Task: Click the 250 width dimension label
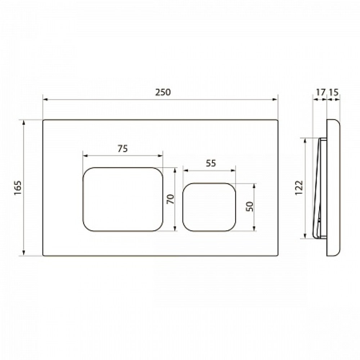click(x=163, y=92)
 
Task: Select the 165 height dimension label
click(x=18, y=188)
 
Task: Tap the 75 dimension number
click(x=123, y=149)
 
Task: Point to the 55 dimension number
click(x=211, y=163)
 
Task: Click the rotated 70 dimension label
click(x=171, y=199)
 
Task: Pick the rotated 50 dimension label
click(x=249, y=206)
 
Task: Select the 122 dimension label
click(x=299, y=188)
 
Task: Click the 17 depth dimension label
click(x=321, y=92)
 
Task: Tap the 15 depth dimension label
click(x=334, y=92)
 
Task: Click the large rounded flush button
click(x=123, y=199)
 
